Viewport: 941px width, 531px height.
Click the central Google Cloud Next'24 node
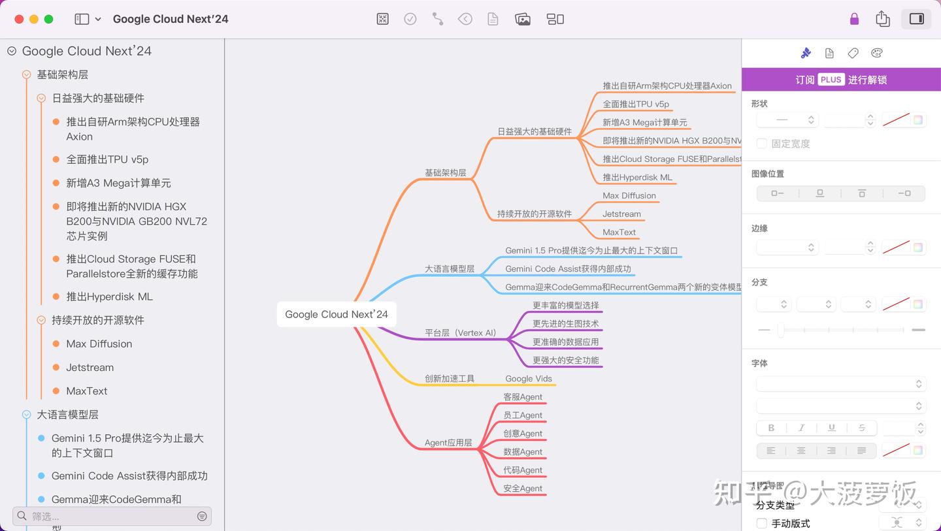pos(337,314)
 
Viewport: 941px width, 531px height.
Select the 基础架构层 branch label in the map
pos(446,173)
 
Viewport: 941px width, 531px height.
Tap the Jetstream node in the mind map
pos(621,214)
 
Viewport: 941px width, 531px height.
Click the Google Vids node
pos(529,378)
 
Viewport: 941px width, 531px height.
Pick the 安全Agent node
pos(523,488)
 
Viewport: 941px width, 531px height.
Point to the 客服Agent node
pos(523,396)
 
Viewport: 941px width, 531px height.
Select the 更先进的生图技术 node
pos(565,323)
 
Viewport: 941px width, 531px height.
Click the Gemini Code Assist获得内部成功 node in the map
pos(568,268)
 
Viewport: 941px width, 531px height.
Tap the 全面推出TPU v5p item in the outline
pos(107,159)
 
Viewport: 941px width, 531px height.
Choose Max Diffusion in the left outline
pos(99,344)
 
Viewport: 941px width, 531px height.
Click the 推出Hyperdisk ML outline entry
pos(109,297)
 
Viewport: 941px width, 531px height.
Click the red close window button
pos(19,19)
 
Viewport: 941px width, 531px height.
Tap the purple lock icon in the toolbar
pos(854,19)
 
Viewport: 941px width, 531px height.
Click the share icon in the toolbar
pos(883,19)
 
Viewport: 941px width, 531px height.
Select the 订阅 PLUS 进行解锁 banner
pos(841,80)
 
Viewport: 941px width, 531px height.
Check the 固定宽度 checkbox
pos(762,144)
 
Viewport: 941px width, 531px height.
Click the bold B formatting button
pos(771,428)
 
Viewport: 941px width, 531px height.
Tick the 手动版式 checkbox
pos(762,523)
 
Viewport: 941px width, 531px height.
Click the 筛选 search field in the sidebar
pos(111,516)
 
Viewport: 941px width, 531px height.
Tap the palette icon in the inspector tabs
pos(877,53)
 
